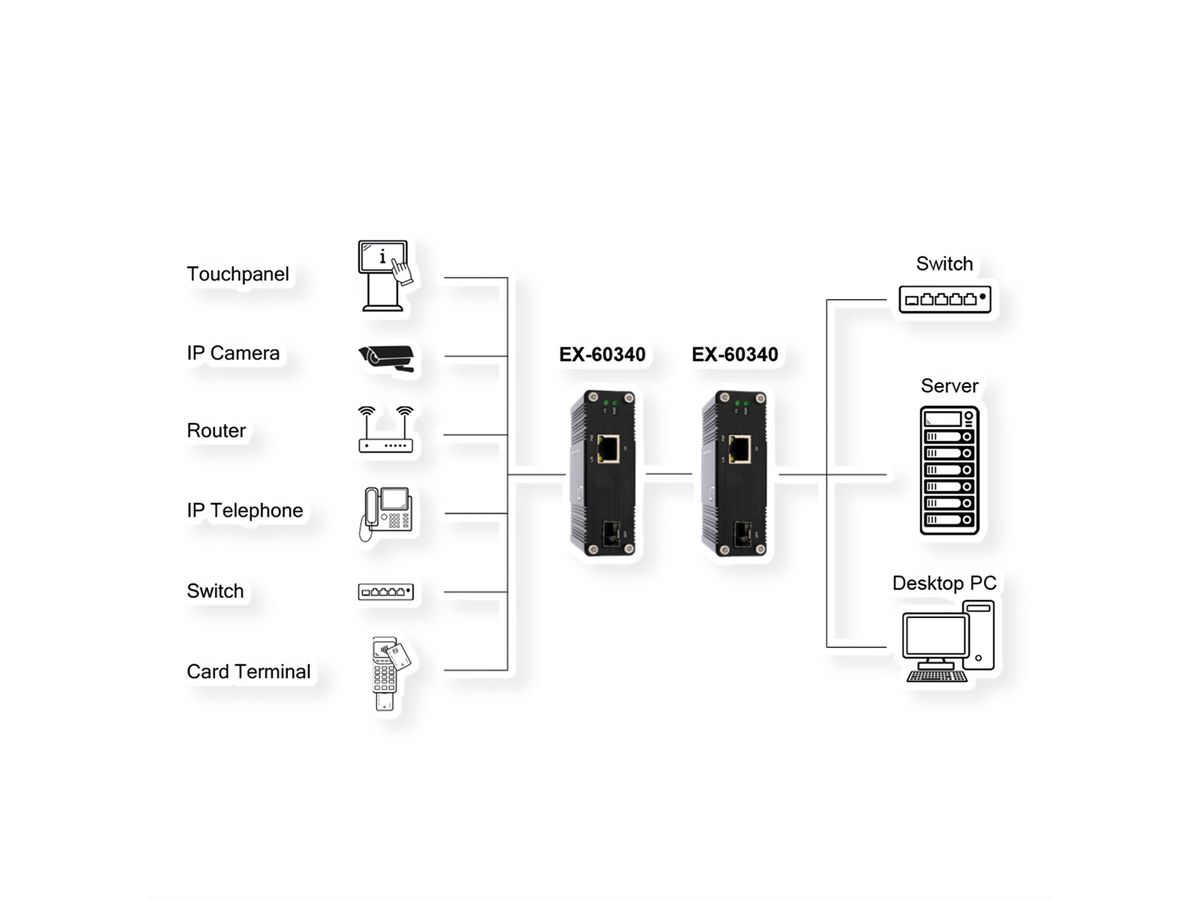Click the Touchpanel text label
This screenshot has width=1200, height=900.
(237, 274)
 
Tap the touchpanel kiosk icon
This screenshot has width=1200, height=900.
(384, 274)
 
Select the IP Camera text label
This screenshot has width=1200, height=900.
(233, 353)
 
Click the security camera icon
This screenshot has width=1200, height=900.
(386, 357)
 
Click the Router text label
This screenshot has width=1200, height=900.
(216, 431)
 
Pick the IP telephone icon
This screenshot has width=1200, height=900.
(384, 513)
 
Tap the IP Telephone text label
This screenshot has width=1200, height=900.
(244, 511)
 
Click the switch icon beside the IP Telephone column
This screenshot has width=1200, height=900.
(385, 592)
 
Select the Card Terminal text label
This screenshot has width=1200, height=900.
(248, 671)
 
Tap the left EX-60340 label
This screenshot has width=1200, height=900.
(602, 354)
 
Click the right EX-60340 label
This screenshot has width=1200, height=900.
(734, 354)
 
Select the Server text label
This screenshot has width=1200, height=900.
(949, 386)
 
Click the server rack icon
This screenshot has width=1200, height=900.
(949, 470)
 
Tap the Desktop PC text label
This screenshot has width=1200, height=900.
(944, 583)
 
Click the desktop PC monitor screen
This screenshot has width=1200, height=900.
(935, 635)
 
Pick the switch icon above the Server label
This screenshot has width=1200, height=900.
(944, 299)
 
